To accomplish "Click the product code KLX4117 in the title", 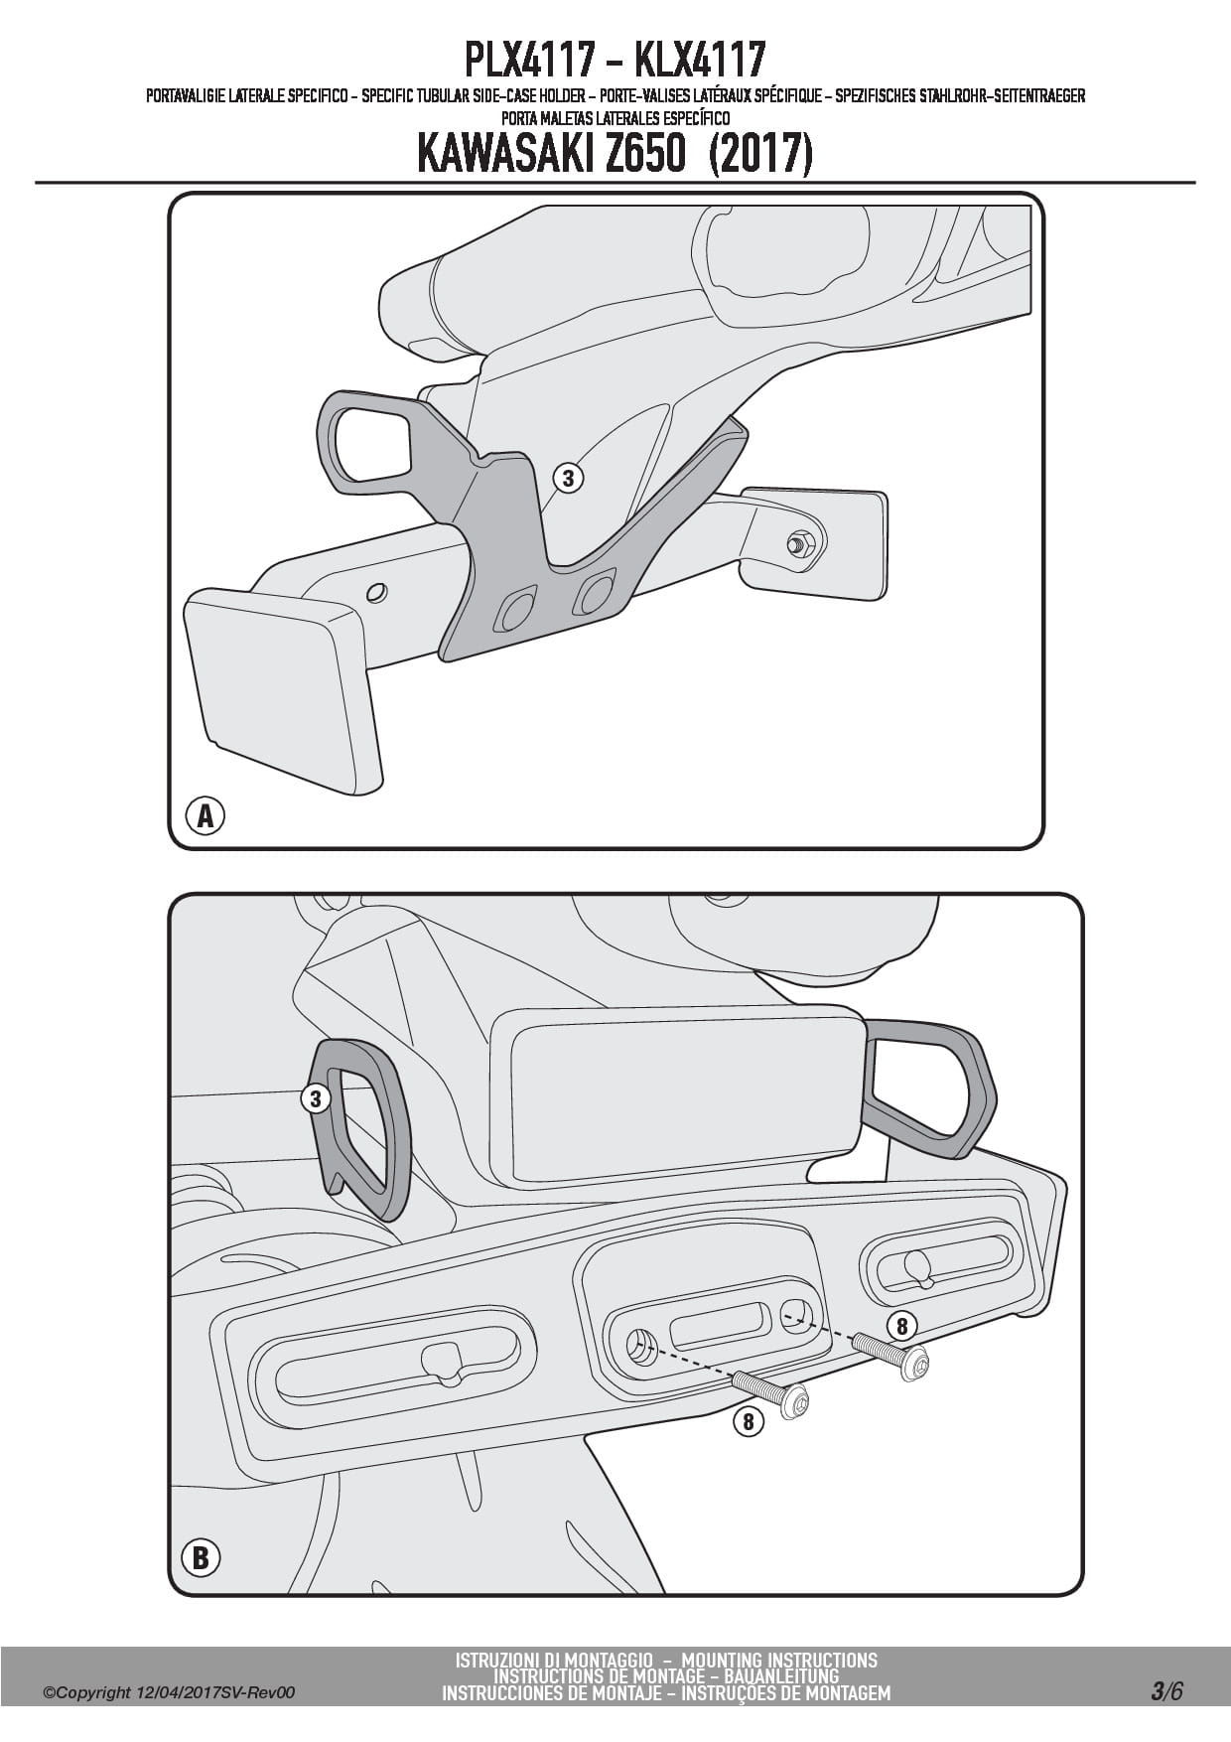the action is [x=700, y=60].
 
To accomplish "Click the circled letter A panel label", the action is [x=205, y=816].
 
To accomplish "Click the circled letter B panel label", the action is [x=201, y=1557].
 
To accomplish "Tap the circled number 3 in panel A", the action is [x=568, y=479].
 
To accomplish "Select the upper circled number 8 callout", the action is [x=901, y=1326].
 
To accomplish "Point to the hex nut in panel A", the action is [x=801, y=542].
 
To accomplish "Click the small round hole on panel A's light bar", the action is [x=376, y=593].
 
